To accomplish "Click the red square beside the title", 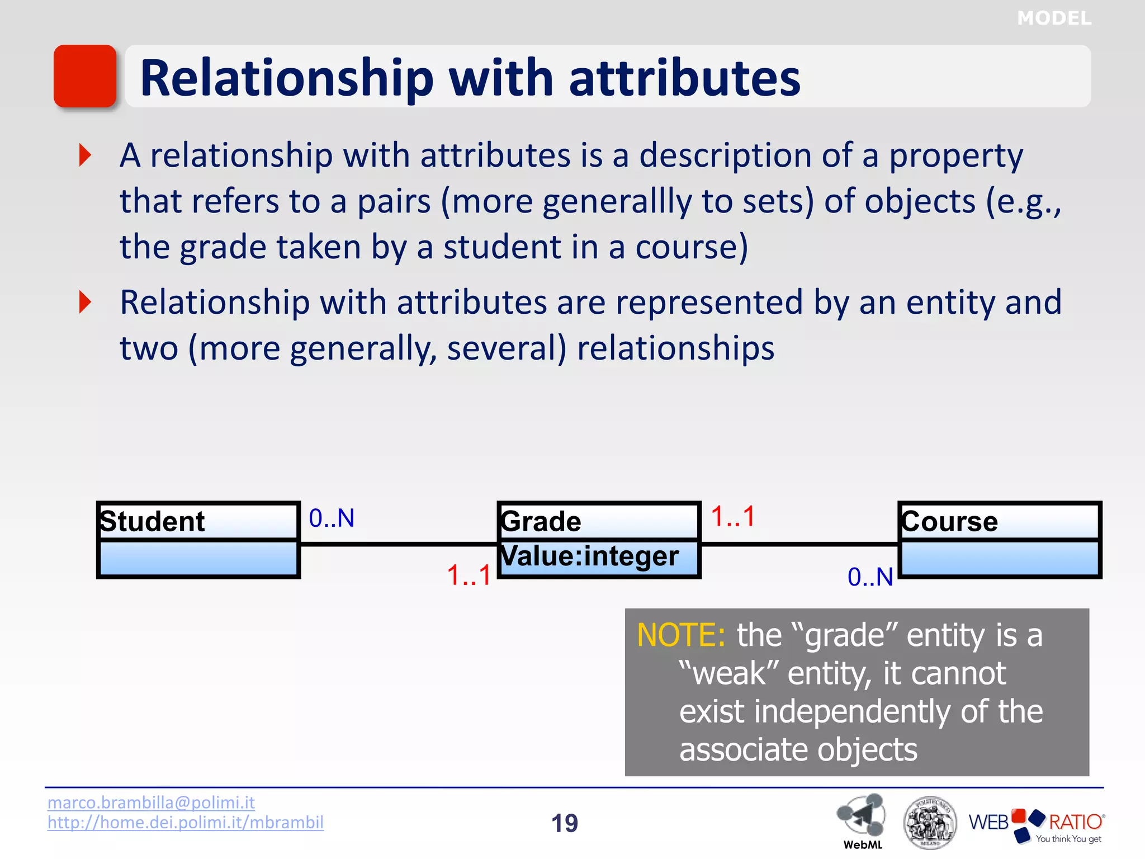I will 85,76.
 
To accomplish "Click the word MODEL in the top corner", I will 1054,18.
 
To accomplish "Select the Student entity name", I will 152,521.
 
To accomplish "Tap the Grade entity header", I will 541,521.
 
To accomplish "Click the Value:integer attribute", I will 589,556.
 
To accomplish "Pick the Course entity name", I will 949,521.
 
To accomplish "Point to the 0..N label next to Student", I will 332,518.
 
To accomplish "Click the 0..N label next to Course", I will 870,577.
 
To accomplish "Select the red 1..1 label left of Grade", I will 469,575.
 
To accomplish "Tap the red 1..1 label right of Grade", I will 733,516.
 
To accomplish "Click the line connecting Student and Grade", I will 398,544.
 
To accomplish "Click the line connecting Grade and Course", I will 799,544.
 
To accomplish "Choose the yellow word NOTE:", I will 681,635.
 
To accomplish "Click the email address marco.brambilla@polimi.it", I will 151,803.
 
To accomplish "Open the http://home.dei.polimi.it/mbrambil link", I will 185,823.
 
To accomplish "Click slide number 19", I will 565,823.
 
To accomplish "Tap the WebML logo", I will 862,819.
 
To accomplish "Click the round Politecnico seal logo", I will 929,823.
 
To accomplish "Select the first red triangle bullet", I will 85,155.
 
